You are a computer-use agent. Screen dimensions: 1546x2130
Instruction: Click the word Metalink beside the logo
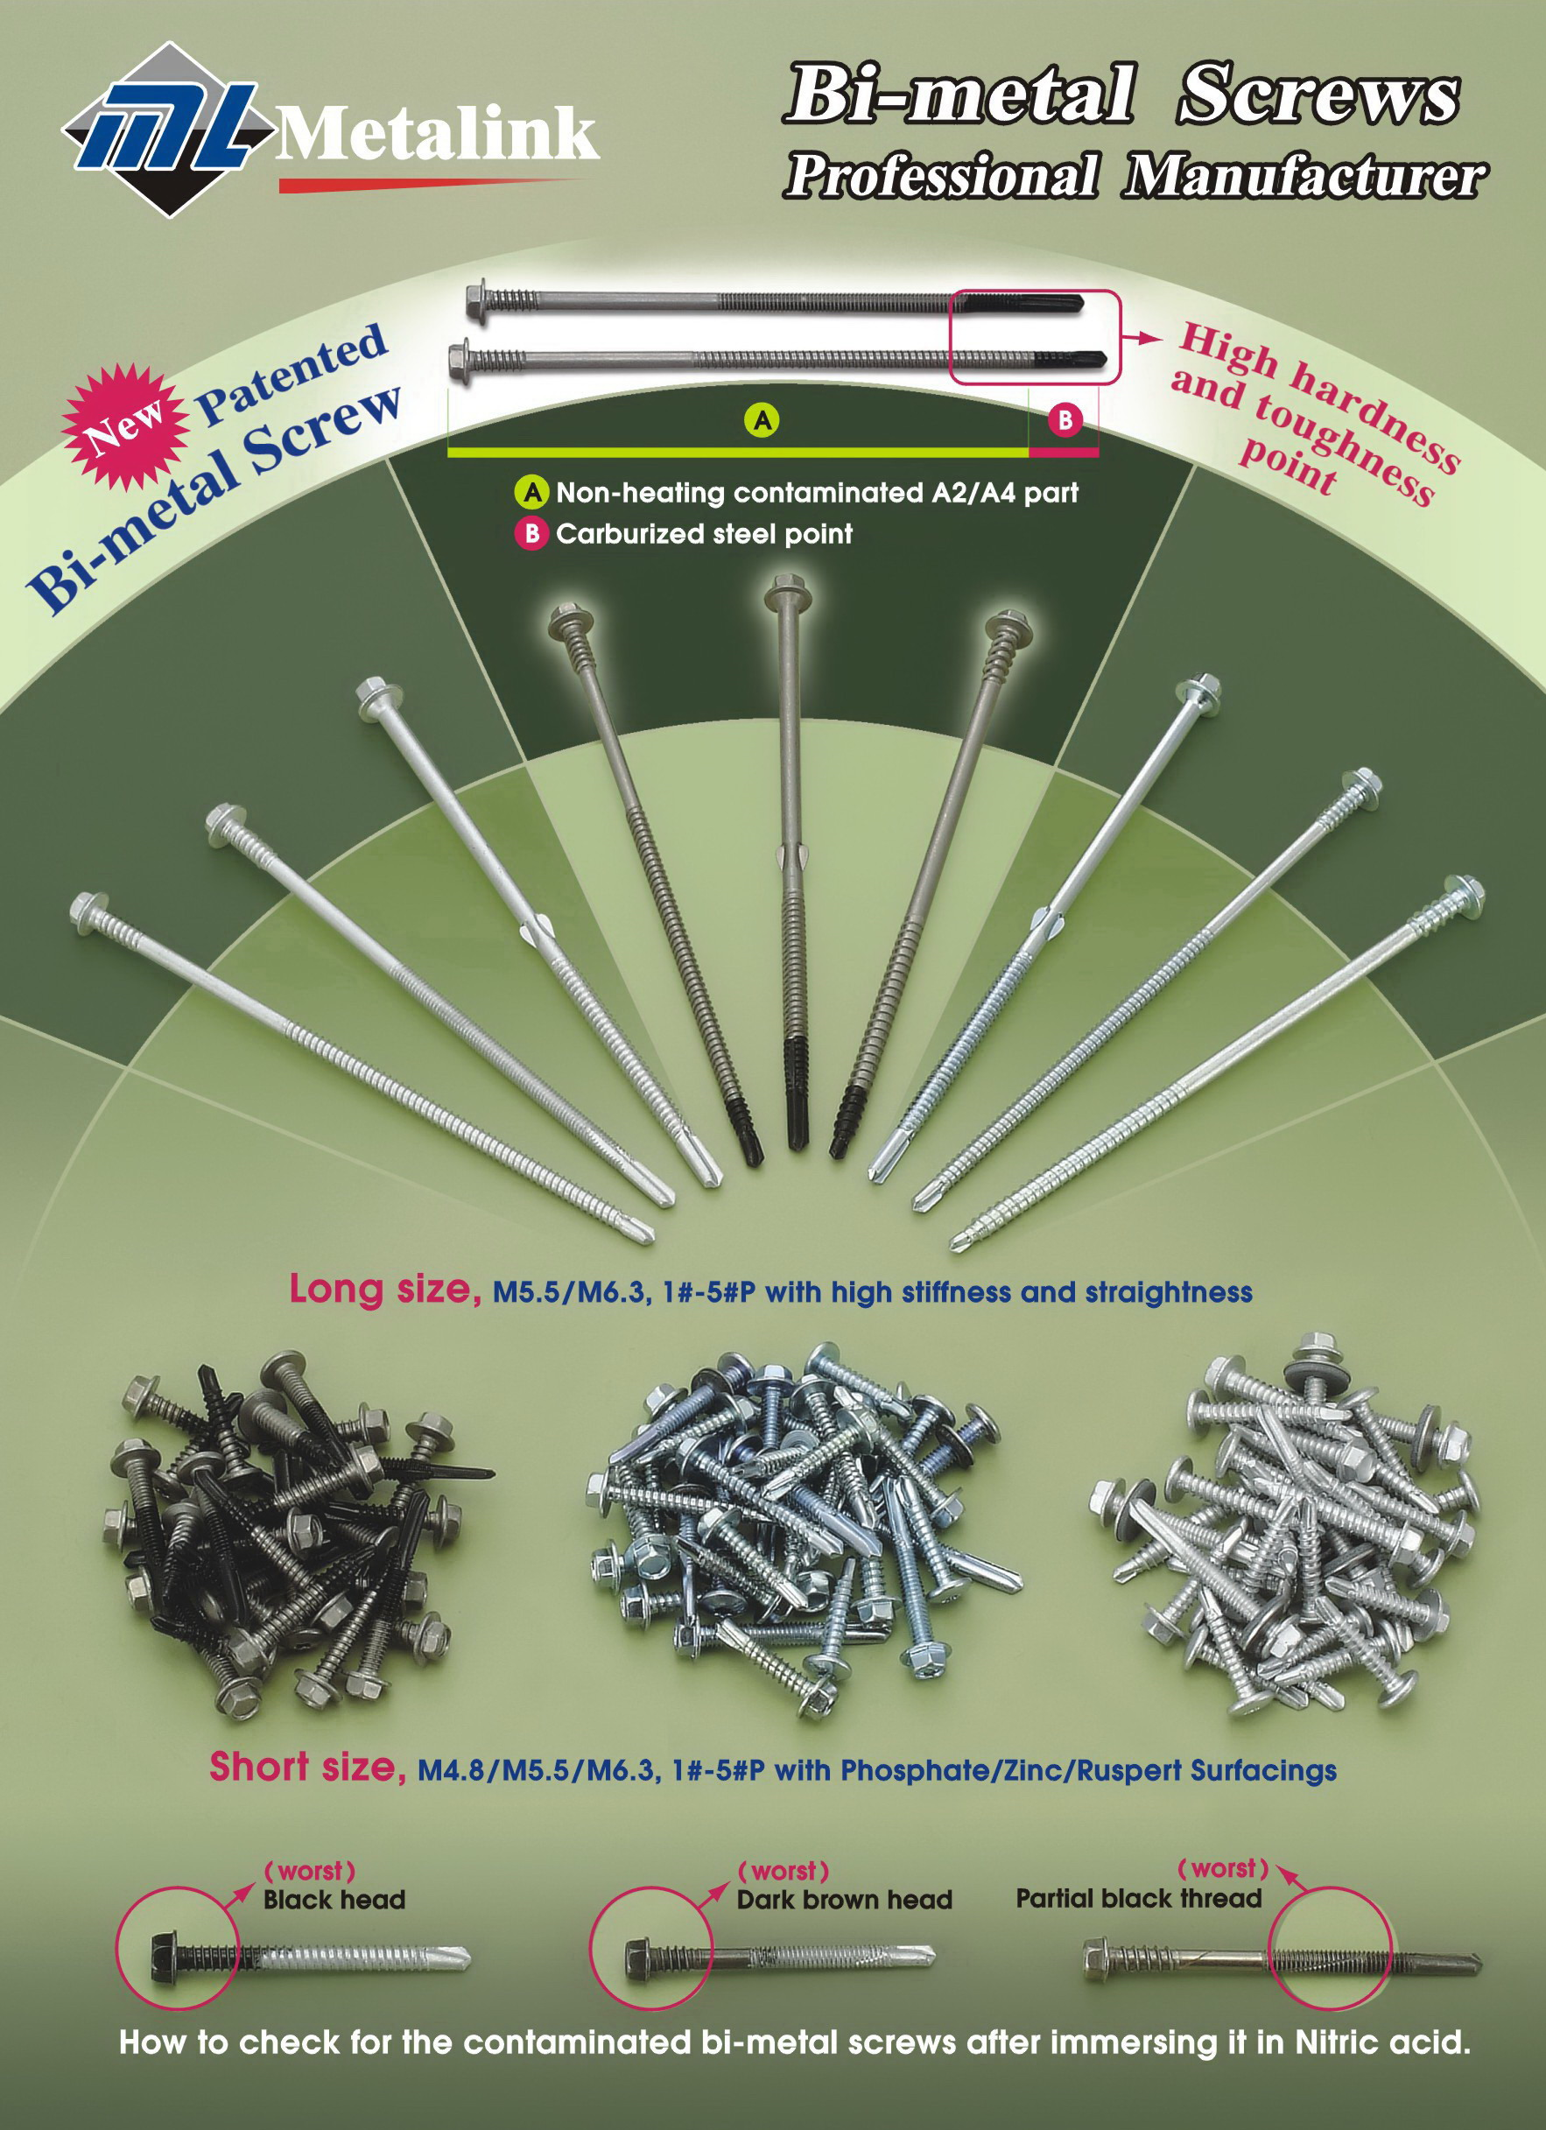click(438, 133)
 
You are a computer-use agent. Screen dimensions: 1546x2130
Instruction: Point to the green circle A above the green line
click(762, 420)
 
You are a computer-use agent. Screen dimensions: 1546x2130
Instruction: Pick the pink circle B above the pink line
click(1065, 420)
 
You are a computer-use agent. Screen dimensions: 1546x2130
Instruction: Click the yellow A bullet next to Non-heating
click(531, 491)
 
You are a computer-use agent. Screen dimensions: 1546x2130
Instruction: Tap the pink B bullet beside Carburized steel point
click(531, 533)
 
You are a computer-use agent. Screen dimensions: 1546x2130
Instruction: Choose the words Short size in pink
click(306, 1767)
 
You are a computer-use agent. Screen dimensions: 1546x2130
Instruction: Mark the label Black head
click(334, 1899)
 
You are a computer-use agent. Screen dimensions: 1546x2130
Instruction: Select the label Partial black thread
click(1138, 1898)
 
